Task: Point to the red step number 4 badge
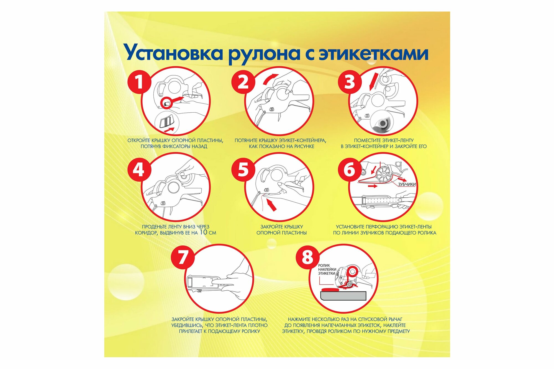point(139,169)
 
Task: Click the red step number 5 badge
point(243,169)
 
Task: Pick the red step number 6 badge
point(350,169)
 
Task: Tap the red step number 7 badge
point(183,257)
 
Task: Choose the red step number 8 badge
point(307,257)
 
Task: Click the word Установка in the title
point(173,53)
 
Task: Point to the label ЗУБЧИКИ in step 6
point(407,184)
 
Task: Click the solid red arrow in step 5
point(271,205)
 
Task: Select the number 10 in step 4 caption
point(203,232)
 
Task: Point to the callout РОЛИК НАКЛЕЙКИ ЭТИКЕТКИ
point(327,269)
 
